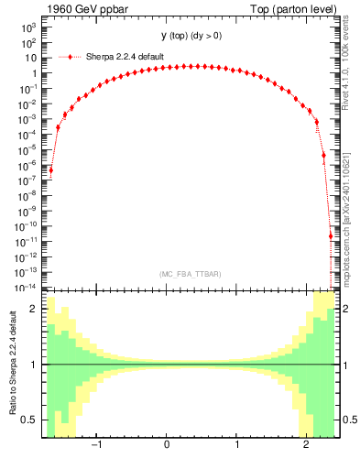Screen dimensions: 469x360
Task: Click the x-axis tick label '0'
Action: tap(167, 445)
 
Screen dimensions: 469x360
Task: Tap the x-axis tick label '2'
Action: tap(307, 445)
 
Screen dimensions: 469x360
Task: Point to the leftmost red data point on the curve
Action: tap(51, 169)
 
